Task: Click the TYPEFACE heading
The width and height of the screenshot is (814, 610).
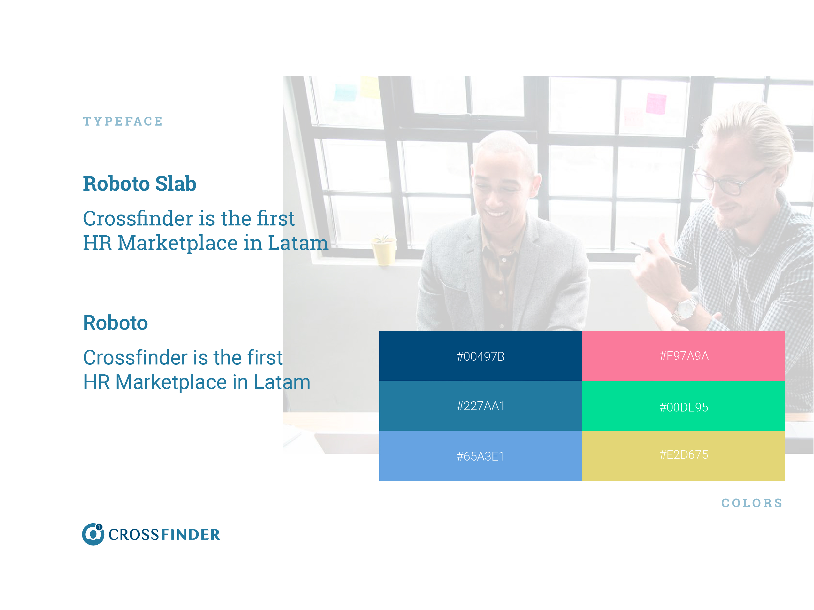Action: [x=123, y=121]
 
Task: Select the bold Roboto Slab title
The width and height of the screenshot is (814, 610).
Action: [x=139, y=184]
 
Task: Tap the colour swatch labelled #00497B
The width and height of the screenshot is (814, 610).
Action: [x=480, y=356]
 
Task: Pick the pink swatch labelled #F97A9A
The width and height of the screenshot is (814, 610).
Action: [x=683, y=356]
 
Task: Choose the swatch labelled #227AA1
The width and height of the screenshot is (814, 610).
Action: [x=480, y=406]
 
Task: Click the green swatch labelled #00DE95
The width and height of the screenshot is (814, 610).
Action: [x=683, y=406]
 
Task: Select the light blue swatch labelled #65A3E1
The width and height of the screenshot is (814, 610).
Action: [x=480, y=455]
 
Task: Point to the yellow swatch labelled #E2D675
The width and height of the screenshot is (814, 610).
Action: [x=683, y=455]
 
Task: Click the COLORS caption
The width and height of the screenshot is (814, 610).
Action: [x=752, y=503]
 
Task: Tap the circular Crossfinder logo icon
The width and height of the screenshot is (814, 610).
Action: [x=93, y=534]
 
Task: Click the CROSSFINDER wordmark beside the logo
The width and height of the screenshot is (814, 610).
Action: [x=164, y=535]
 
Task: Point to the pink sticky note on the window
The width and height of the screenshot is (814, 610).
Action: [x=656, y=104]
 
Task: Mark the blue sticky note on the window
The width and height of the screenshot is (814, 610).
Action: [x=345, y=92]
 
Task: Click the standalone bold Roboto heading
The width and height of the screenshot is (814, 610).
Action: [x=115, y=323]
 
